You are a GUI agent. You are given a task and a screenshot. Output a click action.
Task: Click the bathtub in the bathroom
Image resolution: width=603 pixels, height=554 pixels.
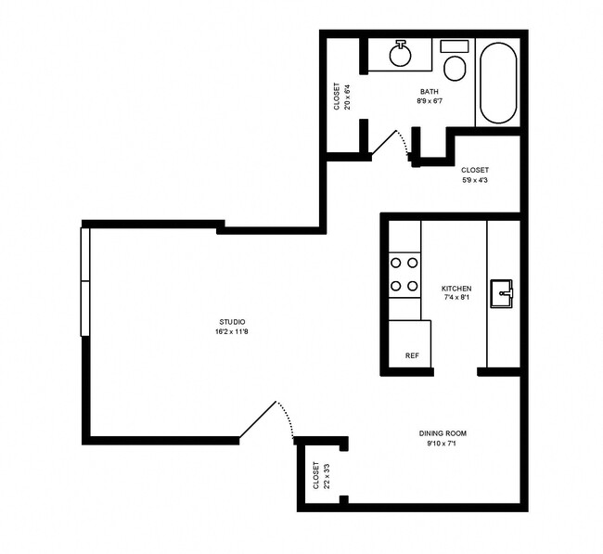[498, 83]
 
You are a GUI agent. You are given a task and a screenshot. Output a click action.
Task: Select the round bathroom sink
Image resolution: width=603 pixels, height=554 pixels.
[401, 55]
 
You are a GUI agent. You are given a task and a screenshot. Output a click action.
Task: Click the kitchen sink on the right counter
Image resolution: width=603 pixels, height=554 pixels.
[503, 293]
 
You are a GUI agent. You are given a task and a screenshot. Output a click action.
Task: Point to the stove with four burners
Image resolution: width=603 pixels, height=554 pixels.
[404, 275]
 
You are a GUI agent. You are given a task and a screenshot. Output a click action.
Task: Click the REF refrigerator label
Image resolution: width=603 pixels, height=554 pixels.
[412, 355]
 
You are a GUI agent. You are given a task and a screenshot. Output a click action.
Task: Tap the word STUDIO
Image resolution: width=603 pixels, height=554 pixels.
[233, 321]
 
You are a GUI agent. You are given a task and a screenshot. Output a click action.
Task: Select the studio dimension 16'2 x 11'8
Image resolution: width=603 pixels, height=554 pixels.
[233, 331]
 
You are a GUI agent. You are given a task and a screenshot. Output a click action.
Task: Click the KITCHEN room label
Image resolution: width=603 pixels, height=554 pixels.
[455, 289]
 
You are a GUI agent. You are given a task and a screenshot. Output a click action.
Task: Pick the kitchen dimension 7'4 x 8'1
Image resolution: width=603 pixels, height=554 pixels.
[455, 299]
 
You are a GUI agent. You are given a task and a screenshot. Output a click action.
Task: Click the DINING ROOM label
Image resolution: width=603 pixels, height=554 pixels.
[442, 433]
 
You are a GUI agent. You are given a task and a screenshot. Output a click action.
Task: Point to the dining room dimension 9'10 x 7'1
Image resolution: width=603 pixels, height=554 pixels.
[442, 444]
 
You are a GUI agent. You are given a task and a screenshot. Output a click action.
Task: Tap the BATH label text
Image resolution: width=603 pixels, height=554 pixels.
[429, 91]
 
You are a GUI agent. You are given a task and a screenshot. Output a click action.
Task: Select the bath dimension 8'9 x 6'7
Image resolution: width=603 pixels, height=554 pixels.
[429, 101]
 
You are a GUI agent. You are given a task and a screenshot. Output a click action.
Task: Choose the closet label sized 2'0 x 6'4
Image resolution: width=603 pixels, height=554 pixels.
[341, 97]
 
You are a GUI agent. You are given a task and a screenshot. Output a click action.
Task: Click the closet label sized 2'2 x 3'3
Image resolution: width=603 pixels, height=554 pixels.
[319, 476]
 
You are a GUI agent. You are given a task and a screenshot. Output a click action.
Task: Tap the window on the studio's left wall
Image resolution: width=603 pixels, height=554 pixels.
[84, 281]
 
